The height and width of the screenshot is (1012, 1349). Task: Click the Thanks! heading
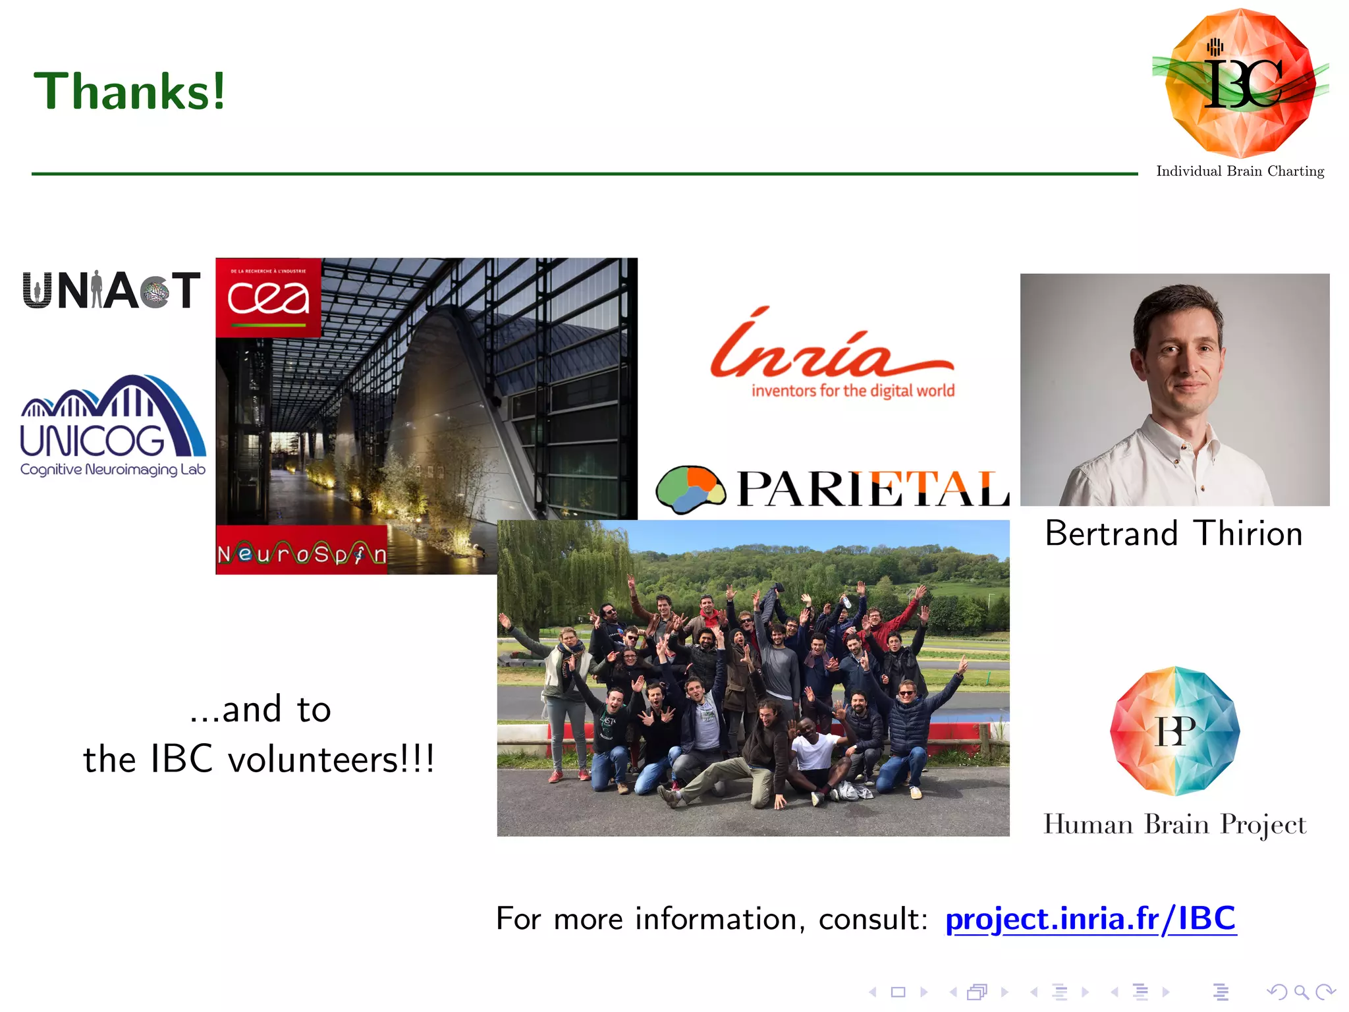(x=130, y=91)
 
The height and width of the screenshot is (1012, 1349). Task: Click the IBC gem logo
(x=1240, y=82)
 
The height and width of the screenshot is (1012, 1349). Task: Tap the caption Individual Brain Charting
(x=1240, y=171)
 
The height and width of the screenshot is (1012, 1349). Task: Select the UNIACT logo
(x=111, y=290)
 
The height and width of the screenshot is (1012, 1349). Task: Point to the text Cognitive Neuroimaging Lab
(x=113, y=470)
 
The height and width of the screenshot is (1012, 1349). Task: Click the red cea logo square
(x=268, y=298)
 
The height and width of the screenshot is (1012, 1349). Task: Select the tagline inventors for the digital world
(x=852, y=391)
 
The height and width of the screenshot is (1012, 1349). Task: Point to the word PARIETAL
(x=873, y=490)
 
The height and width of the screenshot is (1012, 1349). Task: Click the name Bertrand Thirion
(x=1174, y=533)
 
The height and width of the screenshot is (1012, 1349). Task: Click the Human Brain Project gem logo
(x=1174, y=731)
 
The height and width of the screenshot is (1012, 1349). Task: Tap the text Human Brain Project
(x=1174, y=824)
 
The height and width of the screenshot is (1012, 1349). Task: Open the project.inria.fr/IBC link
(x=1090, y=918)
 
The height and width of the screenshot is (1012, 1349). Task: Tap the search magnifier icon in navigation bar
(x=1300, y=992)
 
